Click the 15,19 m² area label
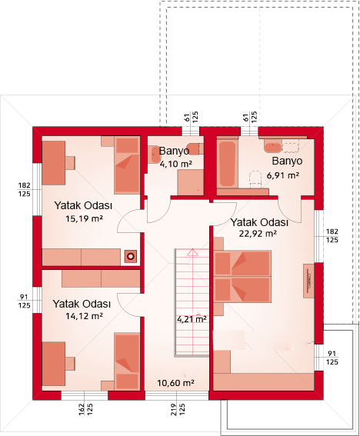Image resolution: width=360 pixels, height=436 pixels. pyautogui.click(x=84, y=218)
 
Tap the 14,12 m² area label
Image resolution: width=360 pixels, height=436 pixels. pyautogui.click(x=84, y=316)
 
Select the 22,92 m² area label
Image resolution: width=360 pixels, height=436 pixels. pyautogui.click(x=258, y=234)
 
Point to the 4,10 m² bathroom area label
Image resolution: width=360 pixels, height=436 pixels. pyautogui.click(x=176, y=164)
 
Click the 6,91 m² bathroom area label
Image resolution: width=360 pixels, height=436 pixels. pyautogui.click(x=282, y=176)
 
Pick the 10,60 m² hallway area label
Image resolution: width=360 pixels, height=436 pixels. pyautogui.click(x=176, y=383)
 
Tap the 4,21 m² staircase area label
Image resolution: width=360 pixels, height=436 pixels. pyautogui.click(x=192, y=319)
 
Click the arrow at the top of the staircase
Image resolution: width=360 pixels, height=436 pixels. pyautogui.click(x=192, y=252)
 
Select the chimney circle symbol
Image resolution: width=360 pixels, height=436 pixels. pyautogui.click(x=131, y=256)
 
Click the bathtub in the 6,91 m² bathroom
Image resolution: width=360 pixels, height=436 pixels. pyautogui.click(x=228, y=164)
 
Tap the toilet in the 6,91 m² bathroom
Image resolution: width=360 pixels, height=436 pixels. pyautogui.click(x=255, y=179)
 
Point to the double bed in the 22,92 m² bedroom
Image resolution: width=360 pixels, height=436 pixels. pyautogui.click(x=242, y=276)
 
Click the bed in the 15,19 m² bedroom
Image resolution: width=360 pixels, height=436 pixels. pyautogui.click(x=127, y=165)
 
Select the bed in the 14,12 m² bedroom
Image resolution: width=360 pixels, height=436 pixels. pyautogui.click(x=127, y=361)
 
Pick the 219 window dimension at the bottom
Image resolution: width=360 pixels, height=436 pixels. pyautogui.click(x=173, y=410)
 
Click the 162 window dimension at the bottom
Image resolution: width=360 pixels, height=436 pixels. pyautogui.click(x=82, y=410)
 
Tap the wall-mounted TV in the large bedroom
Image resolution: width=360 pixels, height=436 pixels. pyautogui.click(x=308, y=281)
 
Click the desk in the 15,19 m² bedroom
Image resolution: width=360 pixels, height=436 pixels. pyautogui.click(x=54, y=163)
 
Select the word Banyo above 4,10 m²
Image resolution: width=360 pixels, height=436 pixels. pyautogui.click(x=174, y=151)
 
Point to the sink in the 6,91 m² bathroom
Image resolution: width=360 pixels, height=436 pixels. pyautogui.click(x=272, y=146)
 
